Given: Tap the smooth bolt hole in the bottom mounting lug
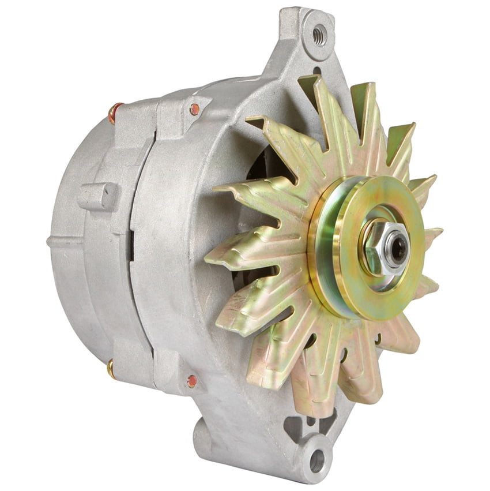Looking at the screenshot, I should click(316, 460).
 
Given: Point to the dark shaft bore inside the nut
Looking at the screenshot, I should click(398, 247).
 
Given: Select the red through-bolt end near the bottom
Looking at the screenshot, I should click(192, 380).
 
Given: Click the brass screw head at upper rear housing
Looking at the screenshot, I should click(115, 113).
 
